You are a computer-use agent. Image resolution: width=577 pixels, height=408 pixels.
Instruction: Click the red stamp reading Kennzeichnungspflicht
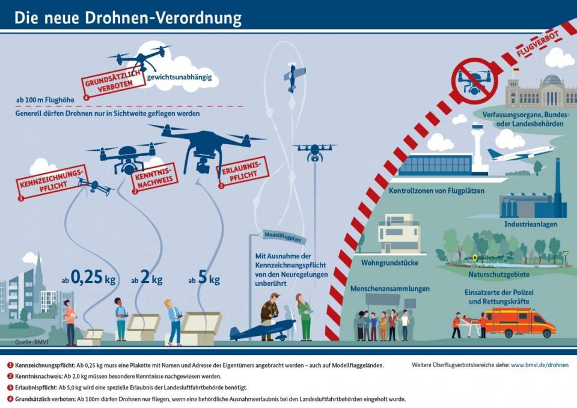[x=49, y=183]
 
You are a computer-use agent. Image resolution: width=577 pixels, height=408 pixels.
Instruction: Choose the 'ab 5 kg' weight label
[x=204, y=279]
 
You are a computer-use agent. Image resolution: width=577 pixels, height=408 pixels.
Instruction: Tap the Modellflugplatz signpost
[x=281, y=237]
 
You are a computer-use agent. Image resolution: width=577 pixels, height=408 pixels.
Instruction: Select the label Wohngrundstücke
[x=389, y=263]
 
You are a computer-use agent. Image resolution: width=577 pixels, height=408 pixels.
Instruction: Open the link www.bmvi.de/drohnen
[x=539, y=365]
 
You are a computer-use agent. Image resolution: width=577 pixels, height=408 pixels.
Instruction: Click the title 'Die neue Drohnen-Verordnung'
[x=128, y=18]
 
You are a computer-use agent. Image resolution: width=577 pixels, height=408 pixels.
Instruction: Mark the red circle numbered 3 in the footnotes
[x=11, y=388]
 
